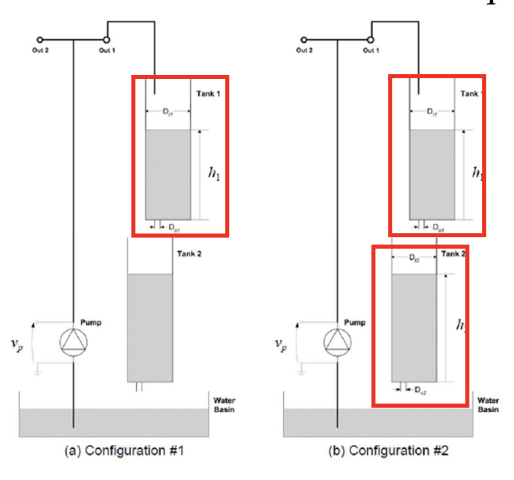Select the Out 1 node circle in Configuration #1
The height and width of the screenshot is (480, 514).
coord(106,40)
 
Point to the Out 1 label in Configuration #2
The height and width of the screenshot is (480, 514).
coord(371,51)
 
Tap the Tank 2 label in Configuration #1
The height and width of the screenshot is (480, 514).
coord(189,254)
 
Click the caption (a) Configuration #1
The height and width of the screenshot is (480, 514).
coord(124,450)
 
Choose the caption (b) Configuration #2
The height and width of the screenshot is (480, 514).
coord(388,450)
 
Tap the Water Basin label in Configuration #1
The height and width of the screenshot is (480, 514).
coord(224,405)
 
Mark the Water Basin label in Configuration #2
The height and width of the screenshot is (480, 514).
coord(488,405)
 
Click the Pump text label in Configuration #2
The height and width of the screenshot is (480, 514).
coord(355,323)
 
